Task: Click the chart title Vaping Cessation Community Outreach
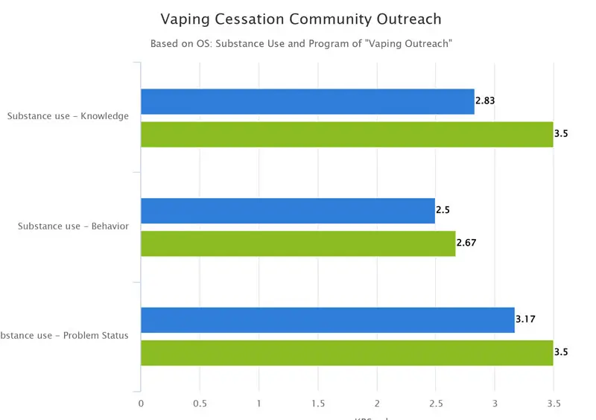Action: [301, 19]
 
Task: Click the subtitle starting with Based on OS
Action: [301, 44]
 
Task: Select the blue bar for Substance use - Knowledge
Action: [307, 101]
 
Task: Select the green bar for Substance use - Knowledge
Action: [346, 134]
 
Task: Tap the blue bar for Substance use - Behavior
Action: [288, 211]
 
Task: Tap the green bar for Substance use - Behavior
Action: [298, 244]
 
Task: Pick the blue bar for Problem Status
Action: [327, 320]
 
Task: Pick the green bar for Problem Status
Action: [346, 353]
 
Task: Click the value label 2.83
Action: [485, 101]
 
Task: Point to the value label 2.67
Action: [466, 244]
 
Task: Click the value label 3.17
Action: [525, 320]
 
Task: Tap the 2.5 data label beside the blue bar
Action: [443, 211]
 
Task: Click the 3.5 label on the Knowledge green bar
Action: [561, 134]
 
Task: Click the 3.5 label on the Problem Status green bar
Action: [561, 353]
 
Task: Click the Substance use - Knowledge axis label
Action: [68, 116]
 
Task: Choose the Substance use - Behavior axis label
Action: [73, 226]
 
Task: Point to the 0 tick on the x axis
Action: [141, 403]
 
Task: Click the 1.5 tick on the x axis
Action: [318, 403]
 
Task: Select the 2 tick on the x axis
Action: [377, 403]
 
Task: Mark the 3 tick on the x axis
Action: [495, 403]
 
